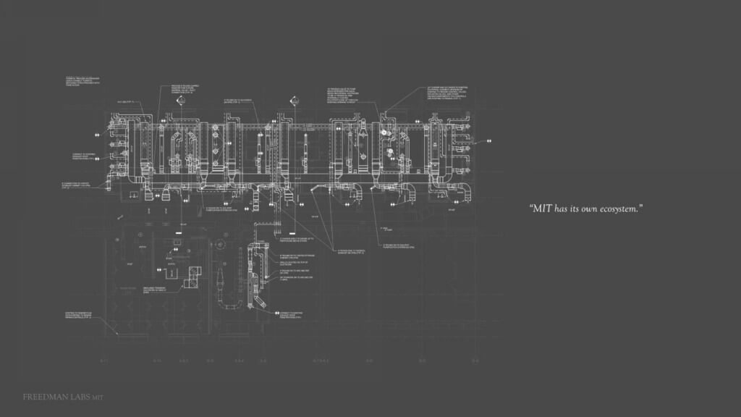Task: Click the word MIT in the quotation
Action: pyautogui.click(x=542, y=208)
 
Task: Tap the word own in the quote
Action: pyautogui.click(x=584, y=208)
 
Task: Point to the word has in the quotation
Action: pyautogui.click(x=562, y=208)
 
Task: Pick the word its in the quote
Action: pyautogui.click(x=572, y=208)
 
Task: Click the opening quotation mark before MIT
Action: pyautogui.click(x=531, y=207)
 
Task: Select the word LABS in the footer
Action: pyautogui.click(x=77, y=397)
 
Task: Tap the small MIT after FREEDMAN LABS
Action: pyautogui.click(x=99, y=397)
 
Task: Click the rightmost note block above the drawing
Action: pyautogui.click(x=447, y=97)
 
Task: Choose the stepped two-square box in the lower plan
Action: pyautogui.click(x=192, y=274)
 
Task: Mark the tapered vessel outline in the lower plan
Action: pyautogui.click(x=219, y=279)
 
